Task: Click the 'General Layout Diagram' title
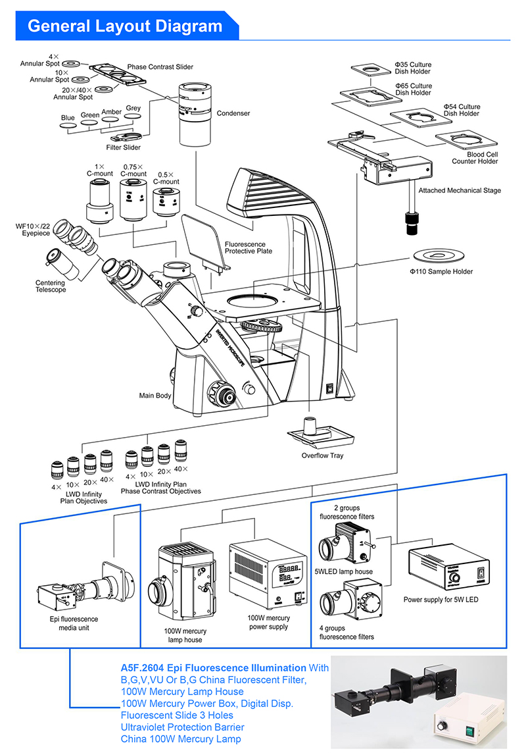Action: coord(125,26)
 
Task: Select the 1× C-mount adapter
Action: coord(101,200)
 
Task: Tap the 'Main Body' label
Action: coord(155,396)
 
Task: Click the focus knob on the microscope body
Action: coord(222,396)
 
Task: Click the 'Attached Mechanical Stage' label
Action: coord(460,190)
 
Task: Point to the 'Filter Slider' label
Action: coord(124,147)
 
